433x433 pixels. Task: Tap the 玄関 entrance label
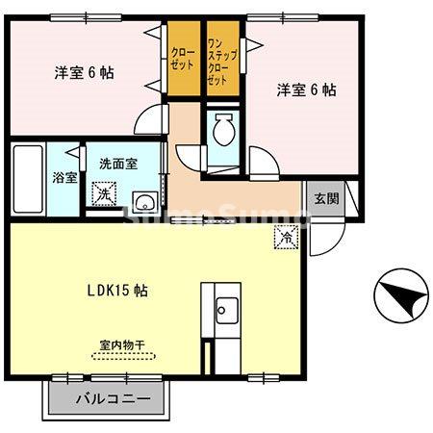pyautogui.click(x=325, y=199)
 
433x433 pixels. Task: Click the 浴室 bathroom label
pyautogui.click(x=64, y=178)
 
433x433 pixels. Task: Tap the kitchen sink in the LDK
pyautogui.click(x=227, y=310)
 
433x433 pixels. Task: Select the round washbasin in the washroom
pyautogui.click(x=144, y=201)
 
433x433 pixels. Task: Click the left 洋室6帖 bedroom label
pyautogui.click(x=78, y=72)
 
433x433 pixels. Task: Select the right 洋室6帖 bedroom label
pyautogui.click(x=306, y=89)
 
